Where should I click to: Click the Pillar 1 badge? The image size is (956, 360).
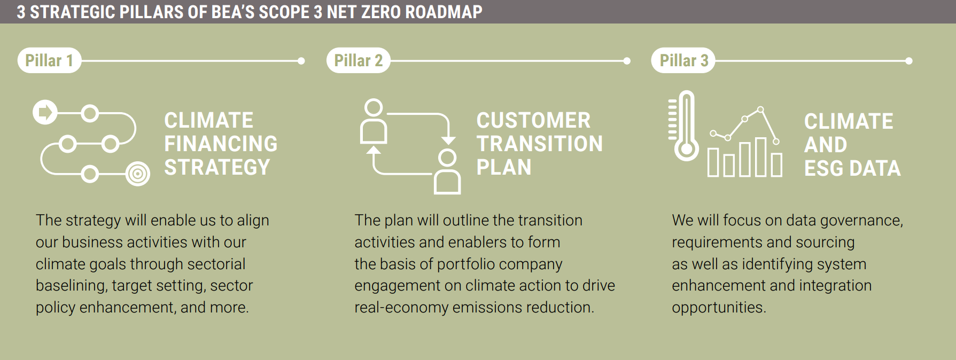[x=49, y=60]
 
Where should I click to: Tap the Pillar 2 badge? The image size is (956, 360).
[x=359, y=60]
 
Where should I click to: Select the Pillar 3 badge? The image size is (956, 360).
[x=683, y=60]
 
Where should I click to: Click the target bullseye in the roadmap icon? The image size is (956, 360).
[x=138, y=174]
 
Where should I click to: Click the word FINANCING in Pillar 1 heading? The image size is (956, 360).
[x=221, y=144]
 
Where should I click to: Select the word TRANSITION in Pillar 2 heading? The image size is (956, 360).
[x=540, y=144]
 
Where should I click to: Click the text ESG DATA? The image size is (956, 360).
[x=852, y=169]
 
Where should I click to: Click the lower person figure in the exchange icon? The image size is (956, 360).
[x=447, y=171]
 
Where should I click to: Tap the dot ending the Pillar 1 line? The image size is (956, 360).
[x=301, y=61]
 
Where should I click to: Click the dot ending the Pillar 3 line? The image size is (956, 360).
[x=909, y=61]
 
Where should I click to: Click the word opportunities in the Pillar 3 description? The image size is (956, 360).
[x=719, y=308]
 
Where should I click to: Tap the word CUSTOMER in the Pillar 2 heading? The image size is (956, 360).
[x=533, y=120]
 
